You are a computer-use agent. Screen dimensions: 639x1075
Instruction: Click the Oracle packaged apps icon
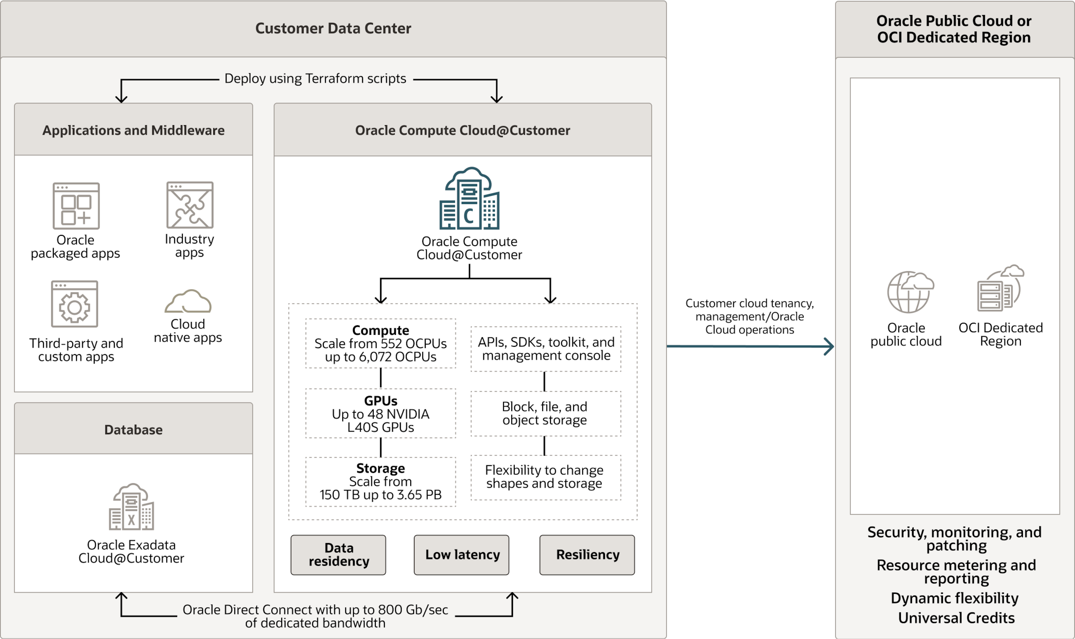click(76, 206)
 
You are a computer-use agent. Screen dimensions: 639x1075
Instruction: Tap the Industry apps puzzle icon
click(190, 205)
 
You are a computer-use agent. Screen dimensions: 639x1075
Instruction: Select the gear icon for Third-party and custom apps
click(74, 304)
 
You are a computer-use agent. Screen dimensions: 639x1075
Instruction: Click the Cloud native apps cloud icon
click(188, 301)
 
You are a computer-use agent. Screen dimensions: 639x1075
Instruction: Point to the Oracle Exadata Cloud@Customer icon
click(131, 507)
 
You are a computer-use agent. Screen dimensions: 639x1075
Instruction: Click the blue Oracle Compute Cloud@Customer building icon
click(469, 198)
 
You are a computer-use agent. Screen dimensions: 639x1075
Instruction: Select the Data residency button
click(338, 555)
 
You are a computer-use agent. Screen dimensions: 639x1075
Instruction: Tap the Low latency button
click(461, 555)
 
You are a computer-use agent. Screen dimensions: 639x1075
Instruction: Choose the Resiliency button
click(587, 555)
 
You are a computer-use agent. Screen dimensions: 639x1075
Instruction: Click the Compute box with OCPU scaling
click(380, 343)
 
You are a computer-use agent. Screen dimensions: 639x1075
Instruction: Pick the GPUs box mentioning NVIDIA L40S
click(380, 414)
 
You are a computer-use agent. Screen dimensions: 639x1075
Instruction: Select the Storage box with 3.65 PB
click(380, 482)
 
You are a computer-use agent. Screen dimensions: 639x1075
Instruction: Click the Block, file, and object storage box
click(545, 414)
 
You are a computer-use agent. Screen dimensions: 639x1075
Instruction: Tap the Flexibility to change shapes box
click(545, 477)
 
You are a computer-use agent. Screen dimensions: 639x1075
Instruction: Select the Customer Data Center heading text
click(333, 28)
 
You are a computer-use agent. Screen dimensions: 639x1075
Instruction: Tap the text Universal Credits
click(956, 618)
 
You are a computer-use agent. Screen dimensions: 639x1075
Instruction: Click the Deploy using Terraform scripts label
click(315, 79)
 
